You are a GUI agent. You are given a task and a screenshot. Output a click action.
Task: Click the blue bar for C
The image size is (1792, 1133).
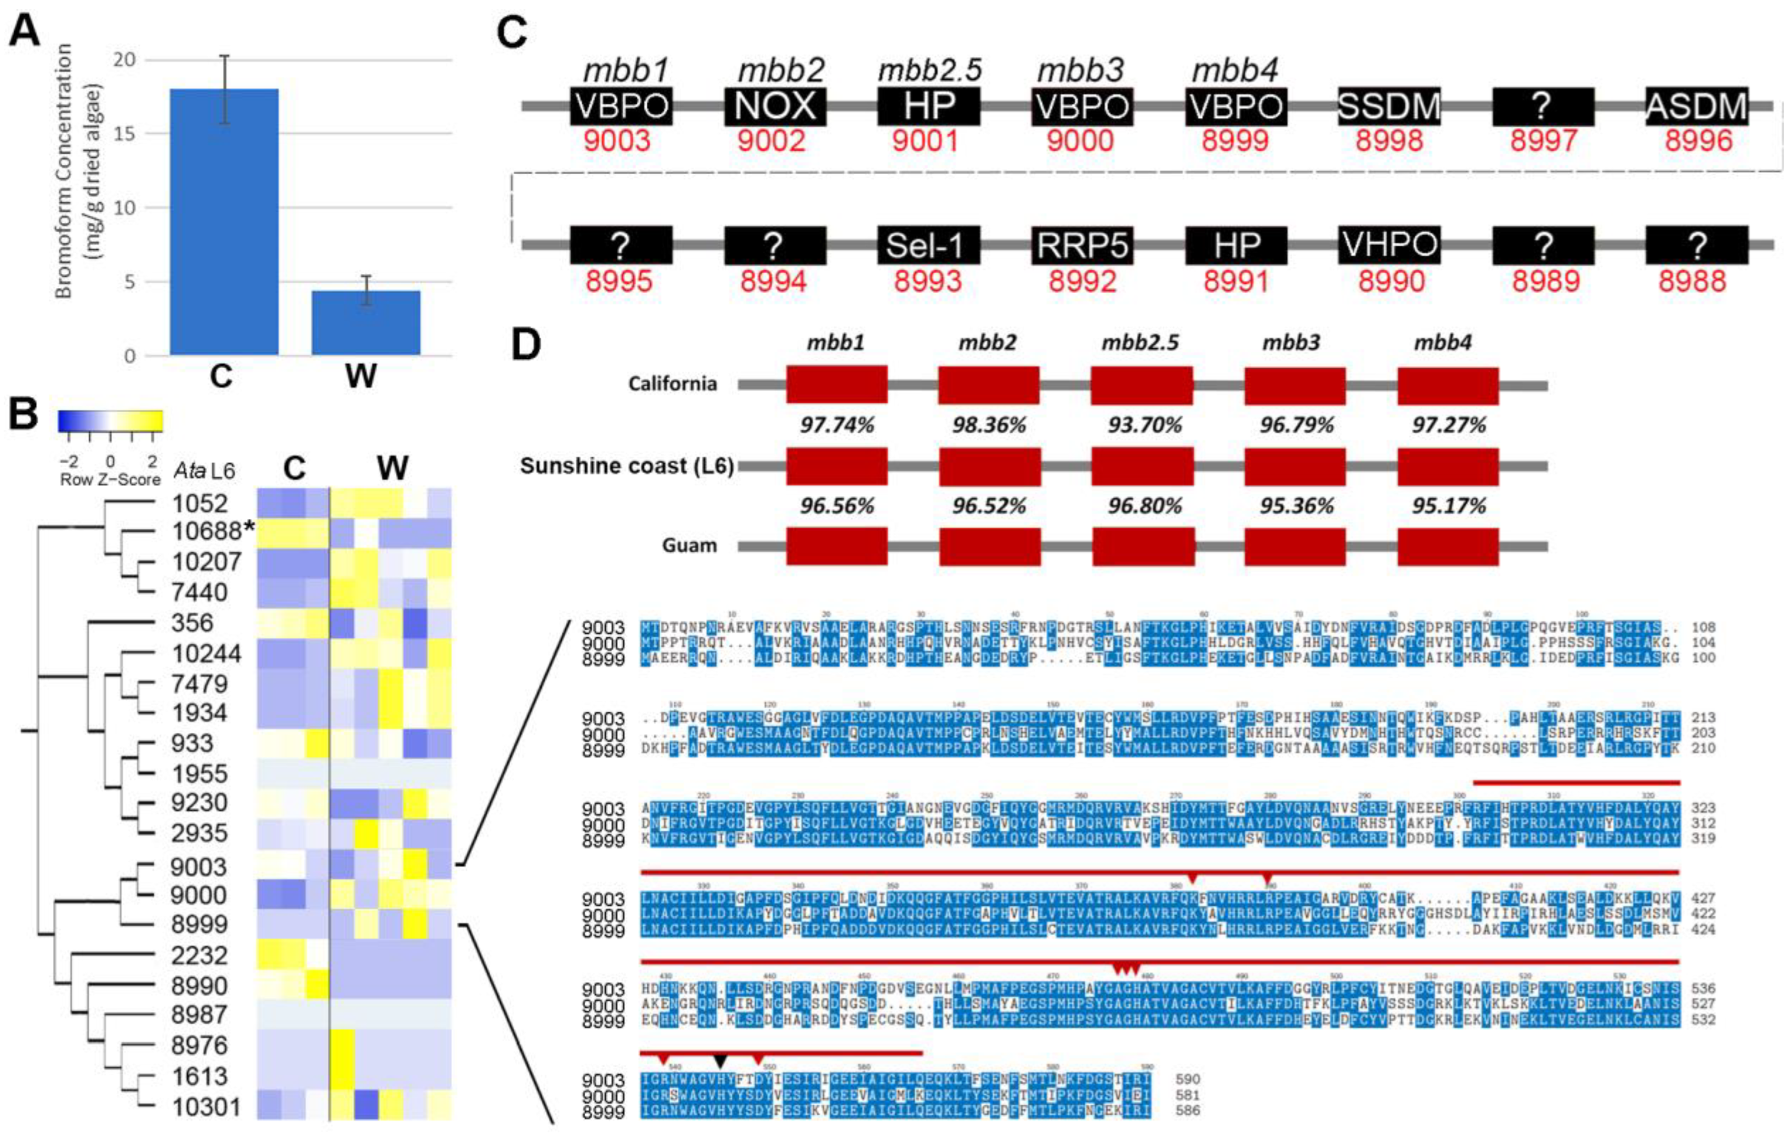(x=224, y=222)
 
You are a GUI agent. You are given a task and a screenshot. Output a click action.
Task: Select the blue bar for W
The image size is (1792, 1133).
(x=366, y=323)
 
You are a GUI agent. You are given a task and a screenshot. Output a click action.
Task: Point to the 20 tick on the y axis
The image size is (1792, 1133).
(x=130, y=60)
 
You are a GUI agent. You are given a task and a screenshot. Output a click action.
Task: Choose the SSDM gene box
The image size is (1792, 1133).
(x=1389, y=106)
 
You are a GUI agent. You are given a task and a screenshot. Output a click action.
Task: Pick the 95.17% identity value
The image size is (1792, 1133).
(x=1448, y=506)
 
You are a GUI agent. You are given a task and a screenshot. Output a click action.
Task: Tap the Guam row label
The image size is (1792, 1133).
(x=689, y=546)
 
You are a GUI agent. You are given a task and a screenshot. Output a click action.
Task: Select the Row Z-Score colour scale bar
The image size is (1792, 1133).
(x=110, y=421)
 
